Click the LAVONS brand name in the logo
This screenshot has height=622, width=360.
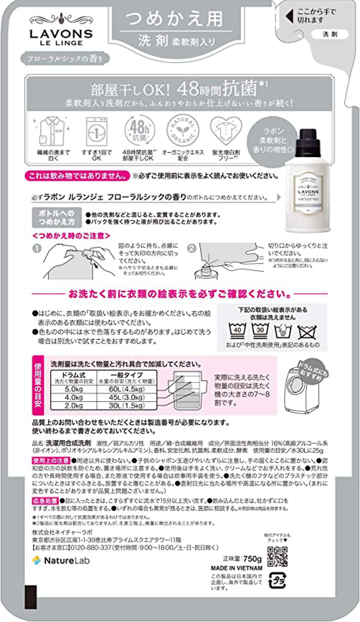coord(61,34)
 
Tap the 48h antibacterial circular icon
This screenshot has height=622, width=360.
coord(139,130)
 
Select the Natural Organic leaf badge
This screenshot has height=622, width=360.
coord(182,130)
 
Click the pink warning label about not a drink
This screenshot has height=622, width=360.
coord(77,176)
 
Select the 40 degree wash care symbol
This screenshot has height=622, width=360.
coord(237,330)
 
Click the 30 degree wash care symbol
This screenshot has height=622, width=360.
coord(260,330)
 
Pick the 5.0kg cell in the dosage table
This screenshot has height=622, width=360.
coord(74,389)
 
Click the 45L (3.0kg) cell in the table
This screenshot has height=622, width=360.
coord(127,397)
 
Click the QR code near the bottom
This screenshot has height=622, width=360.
coord(277,557)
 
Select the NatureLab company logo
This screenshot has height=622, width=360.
coord(61,560)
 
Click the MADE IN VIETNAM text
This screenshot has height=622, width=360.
coord(236,568)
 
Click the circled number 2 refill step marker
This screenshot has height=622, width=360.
coord(191,248)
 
